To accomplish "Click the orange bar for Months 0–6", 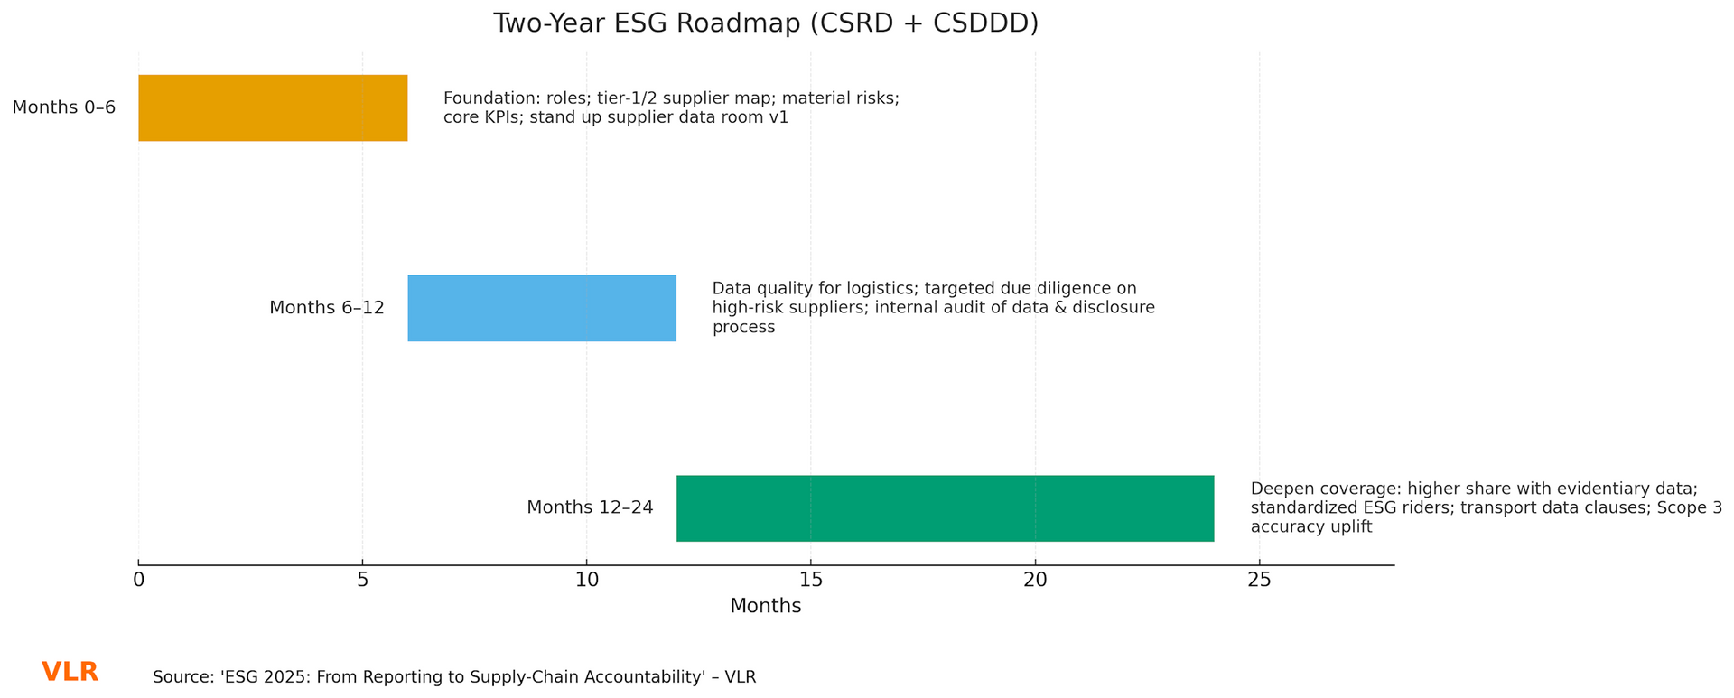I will [273, 107].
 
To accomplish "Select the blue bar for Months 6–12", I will [542, 308].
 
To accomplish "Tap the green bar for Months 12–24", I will [945, 508].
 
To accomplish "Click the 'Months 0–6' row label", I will [64, 107].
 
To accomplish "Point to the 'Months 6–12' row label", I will [327, 308].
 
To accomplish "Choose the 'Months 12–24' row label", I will [590, 508].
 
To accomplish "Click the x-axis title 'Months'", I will [765, 607].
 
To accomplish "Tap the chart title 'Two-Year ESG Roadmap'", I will [765, 23].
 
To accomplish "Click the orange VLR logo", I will [70, 673].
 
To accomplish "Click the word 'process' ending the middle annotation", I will [743, 328].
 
